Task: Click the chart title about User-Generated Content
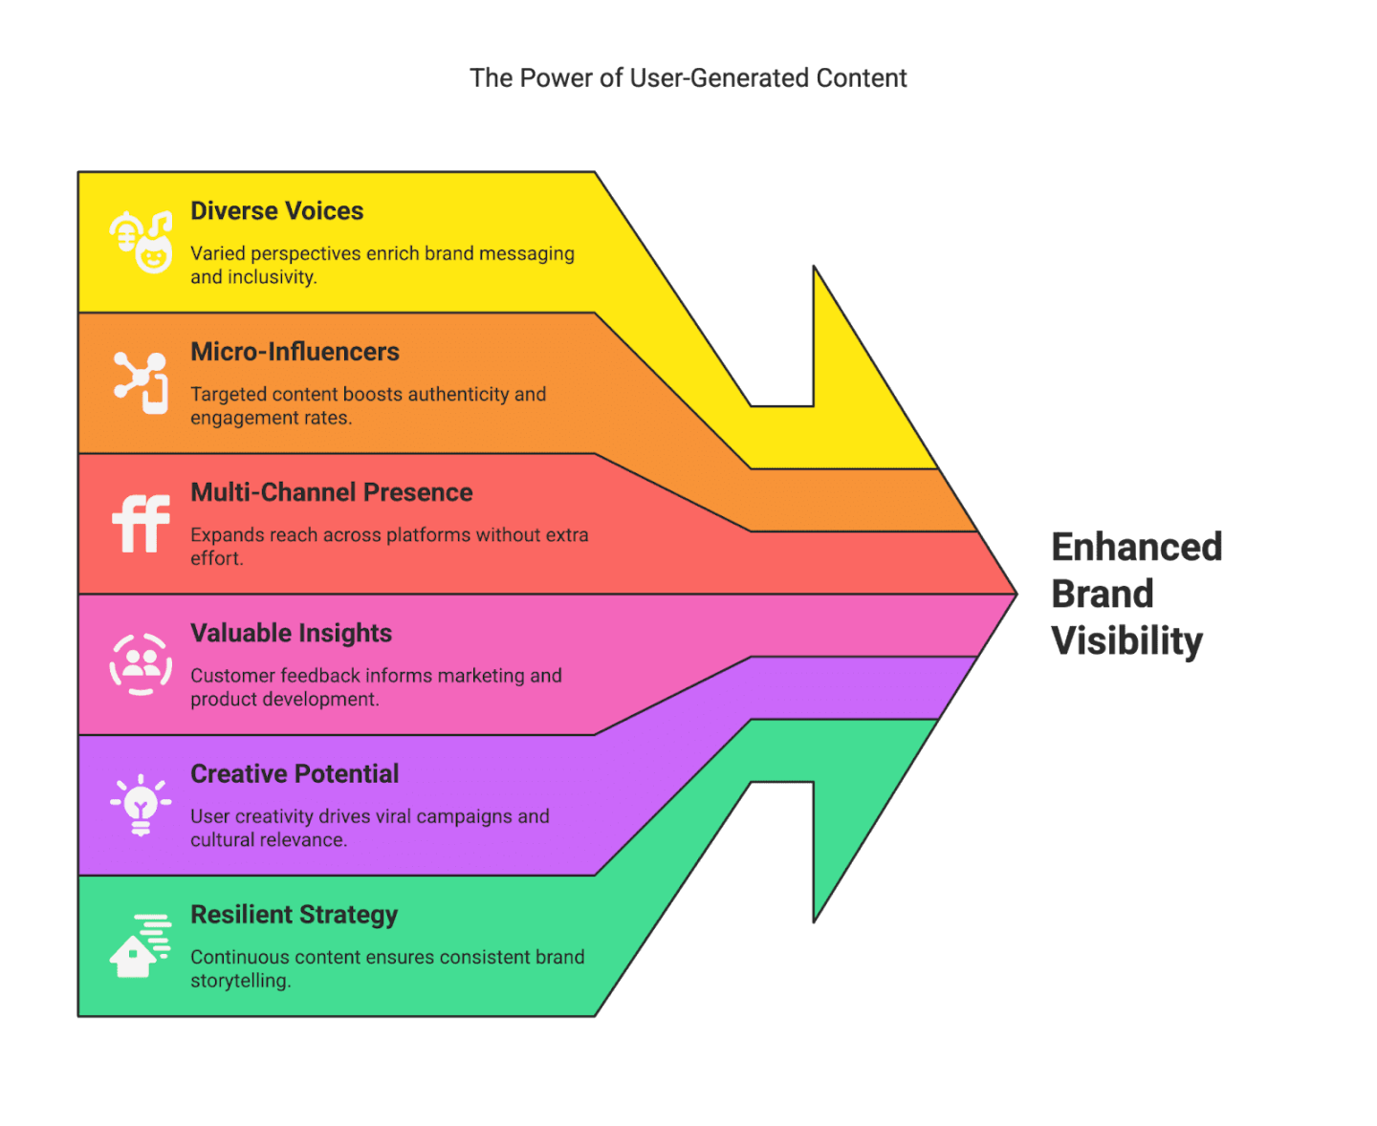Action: click(x=688, y=78)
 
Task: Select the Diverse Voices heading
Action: click(x=276, y=211)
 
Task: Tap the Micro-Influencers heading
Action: click(x=295, y=352)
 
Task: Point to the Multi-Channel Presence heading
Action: click(x=331, y=492)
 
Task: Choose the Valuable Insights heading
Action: click(x=291, y=633)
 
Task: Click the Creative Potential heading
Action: click(x=295, y=773)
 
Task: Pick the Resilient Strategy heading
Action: click(x=294, y=915)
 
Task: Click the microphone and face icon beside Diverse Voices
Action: click(x=141, y=241)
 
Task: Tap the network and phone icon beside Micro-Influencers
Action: click(x=141, y=381)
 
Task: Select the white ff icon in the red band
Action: click(x=141, y=523)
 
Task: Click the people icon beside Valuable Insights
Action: click(x=141, y=663)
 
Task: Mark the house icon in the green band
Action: click(x=140, y=946)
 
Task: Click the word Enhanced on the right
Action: click(x=1136, y=548)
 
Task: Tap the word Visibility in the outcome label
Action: click(x=1126, y=641)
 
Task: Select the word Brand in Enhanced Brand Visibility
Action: click(x=1102, y=595)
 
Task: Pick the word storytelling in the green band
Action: click(x=239, y=981)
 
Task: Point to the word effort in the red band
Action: click(x=216, y=558)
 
